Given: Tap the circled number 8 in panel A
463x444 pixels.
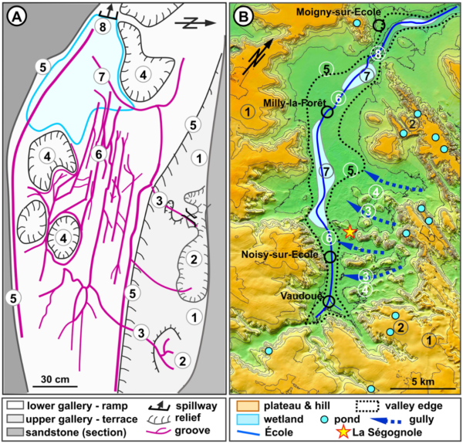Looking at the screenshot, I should pyautogui.click(x=100, y=27).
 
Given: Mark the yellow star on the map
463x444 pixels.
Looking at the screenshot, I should pyautogui.click(x=350, y=231).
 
